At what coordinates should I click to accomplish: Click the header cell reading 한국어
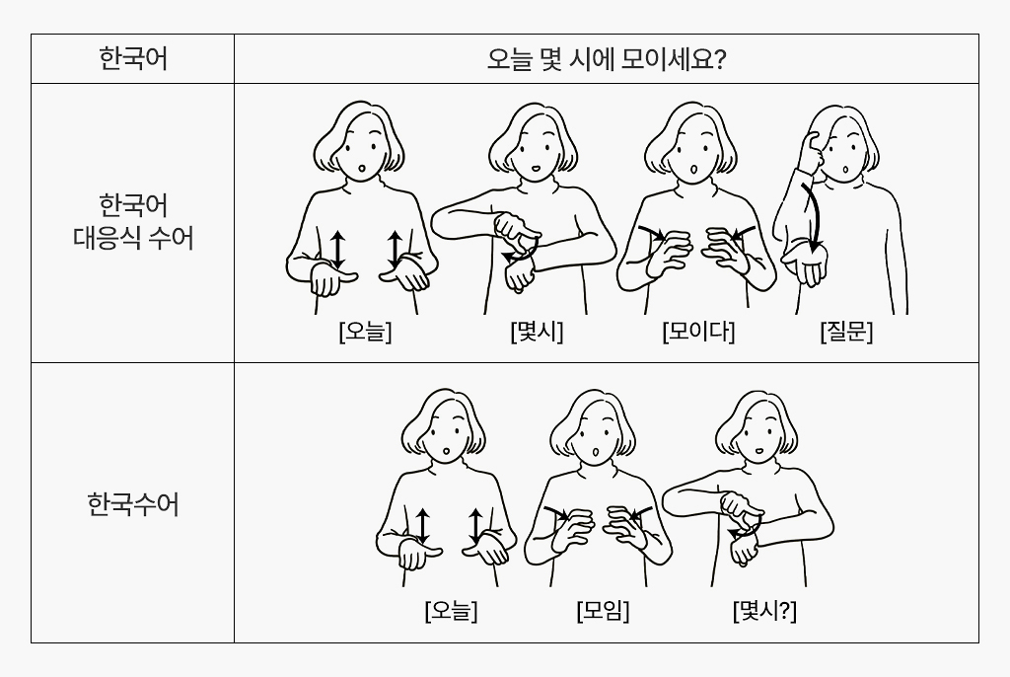[133, 59]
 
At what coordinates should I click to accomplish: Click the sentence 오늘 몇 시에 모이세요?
[606, 60]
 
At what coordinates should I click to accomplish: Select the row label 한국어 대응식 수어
[133, 221]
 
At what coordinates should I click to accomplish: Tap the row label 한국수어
[133, 505]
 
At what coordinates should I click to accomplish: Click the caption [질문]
[846, 332]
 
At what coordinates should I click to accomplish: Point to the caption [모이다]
[698, 332]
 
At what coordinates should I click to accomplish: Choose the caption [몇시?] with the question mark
[764, 612]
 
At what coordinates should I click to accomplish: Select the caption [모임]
[603, 612]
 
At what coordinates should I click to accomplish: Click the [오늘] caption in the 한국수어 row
[451, 612]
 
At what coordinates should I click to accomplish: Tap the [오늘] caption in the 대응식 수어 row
[364, 332]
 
